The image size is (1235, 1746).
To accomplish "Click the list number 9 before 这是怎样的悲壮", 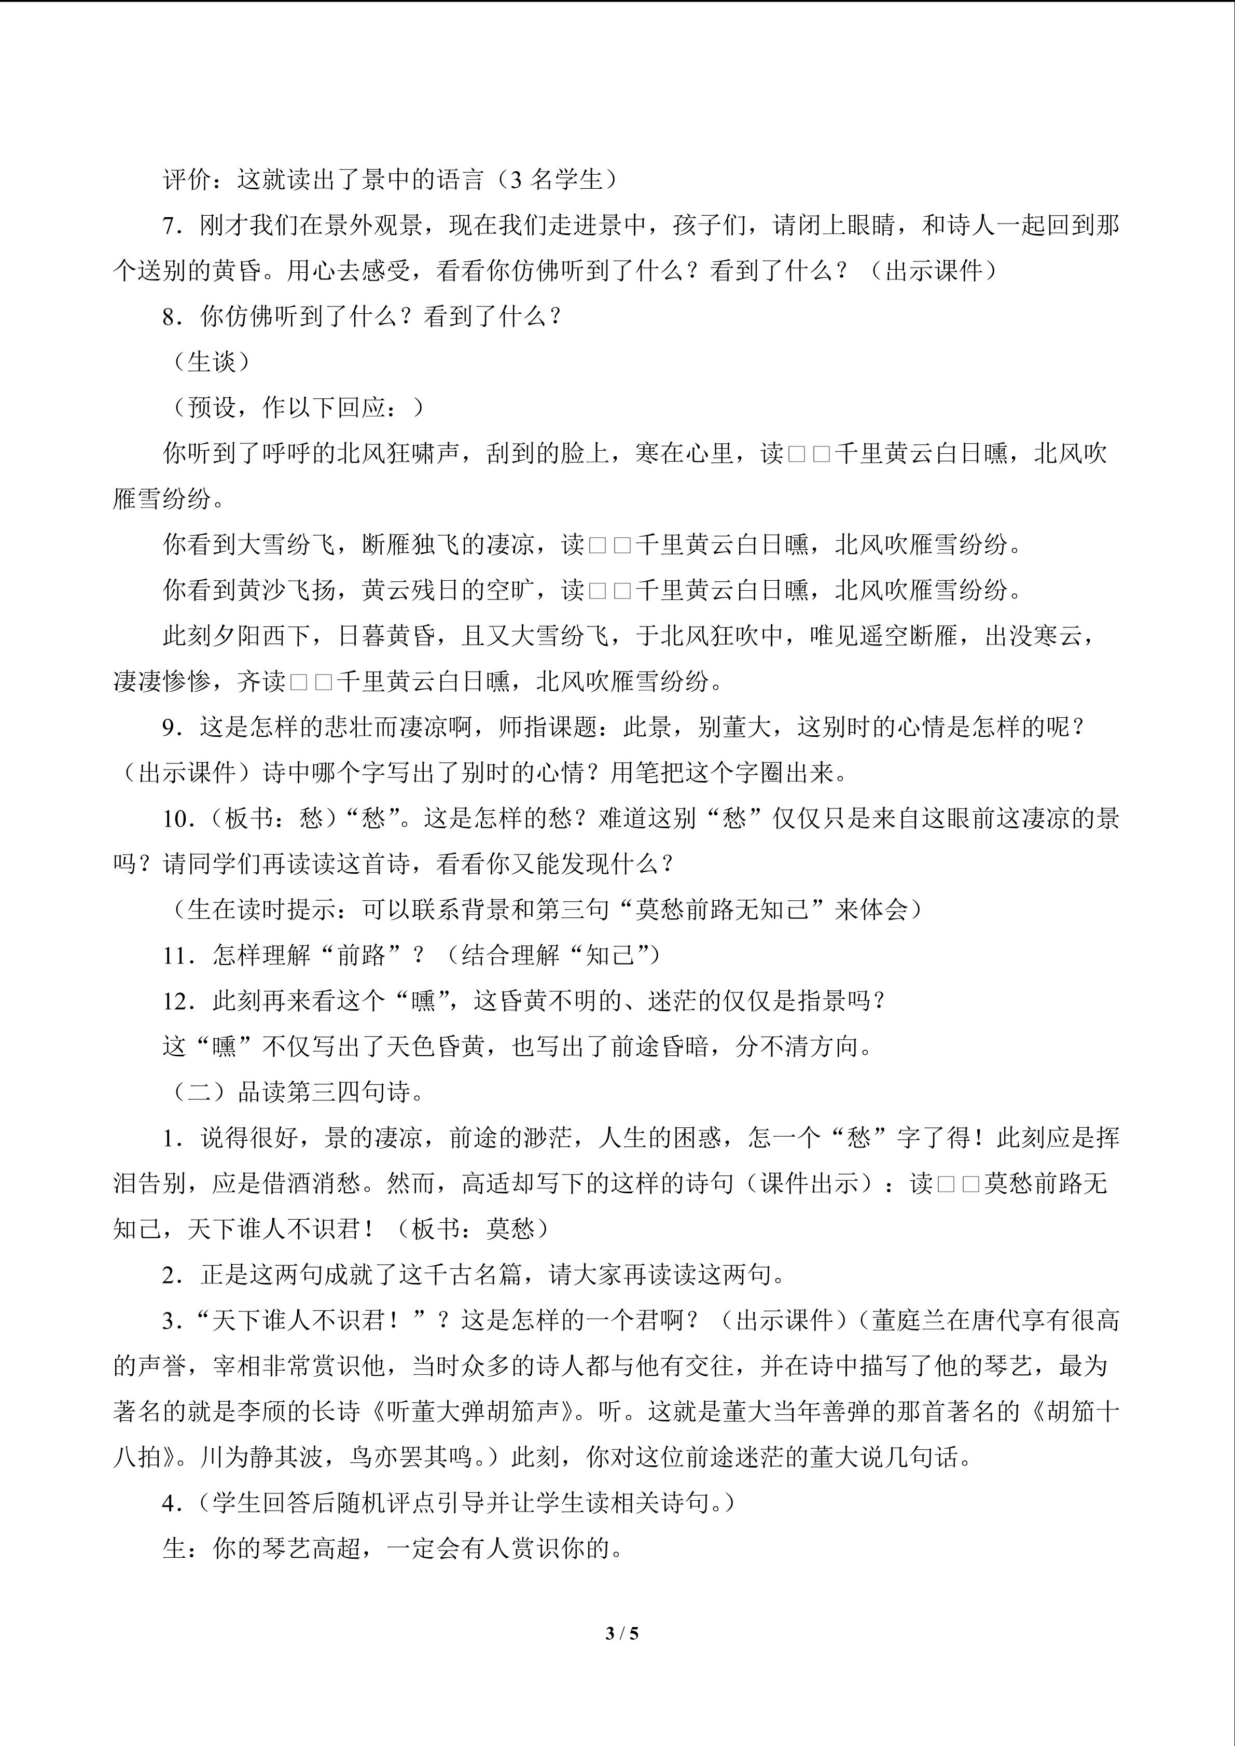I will coord(170,728).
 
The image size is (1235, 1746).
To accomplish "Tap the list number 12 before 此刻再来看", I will coord(176,1001).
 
